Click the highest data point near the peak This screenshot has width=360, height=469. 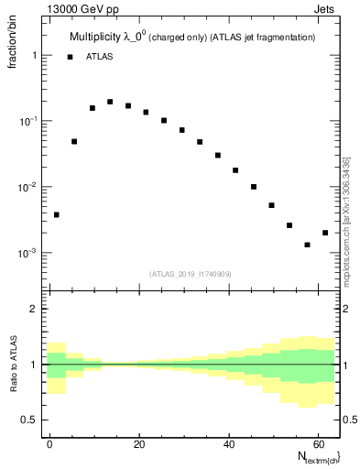110,102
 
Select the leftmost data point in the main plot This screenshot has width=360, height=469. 57,214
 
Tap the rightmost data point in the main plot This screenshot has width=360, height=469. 325,233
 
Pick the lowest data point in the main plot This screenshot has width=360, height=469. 308,245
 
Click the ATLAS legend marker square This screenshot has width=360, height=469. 70,57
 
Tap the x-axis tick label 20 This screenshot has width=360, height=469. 139,442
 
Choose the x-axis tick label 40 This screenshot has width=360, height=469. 228,442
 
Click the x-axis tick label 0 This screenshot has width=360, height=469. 50,442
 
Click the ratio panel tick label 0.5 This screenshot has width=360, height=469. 33,420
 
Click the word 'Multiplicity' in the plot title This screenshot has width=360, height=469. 98,38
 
